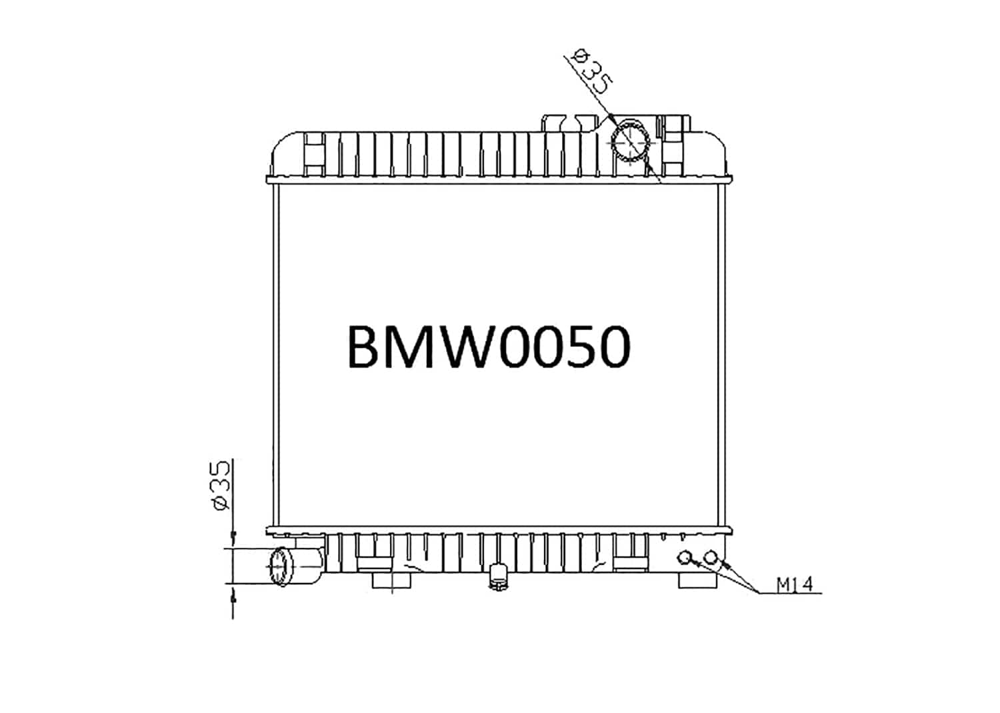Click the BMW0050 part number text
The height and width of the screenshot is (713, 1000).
(x=488, y=347)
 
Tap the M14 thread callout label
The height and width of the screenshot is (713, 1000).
(x=795, y=585)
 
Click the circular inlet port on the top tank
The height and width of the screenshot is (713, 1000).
(x=631, y=141)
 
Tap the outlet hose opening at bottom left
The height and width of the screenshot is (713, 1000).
(x=281, y=566)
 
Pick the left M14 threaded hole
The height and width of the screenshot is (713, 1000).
(x=685, y=557)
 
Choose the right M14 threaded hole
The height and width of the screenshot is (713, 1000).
(x=712, y=557)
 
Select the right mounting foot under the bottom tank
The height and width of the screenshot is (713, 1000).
(x=697, y=580)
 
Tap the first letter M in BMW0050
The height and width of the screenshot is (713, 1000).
(x=409, y=347)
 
